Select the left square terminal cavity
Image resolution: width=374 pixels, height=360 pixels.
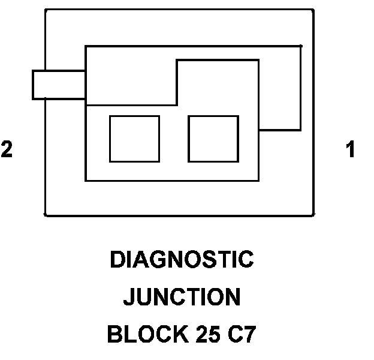[x=134, y=139]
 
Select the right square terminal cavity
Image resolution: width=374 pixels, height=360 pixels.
[x=213, y=139]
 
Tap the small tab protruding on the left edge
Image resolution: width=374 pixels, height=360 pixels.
[x=59, y=84]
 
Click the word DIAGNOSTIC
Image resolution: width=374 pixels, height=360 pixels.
[x=182, y=260]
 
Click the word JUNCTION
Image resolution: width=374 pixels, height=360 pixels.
[x=182, y=297]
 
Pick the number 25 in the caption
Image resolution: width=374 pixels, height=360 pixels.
[x=206, y=334]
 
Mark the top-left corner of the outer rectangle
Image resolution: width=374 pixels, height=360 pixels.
[x=46, y=10]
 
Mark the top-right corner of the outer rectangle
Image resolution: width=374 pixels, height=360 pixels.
[x=313, y=10]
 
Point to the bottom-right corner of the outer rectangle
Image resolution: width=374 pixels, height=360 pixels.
[x=313, y=215]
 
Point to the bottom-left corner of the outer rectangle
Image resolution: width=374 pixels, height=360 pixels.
[x=46, y=215]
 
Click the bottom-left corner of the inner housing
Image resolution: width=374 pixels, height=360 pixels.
[x=86, y=180]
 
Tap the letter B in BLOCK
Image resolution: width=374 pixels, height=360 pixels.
[x=114, y=334]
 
